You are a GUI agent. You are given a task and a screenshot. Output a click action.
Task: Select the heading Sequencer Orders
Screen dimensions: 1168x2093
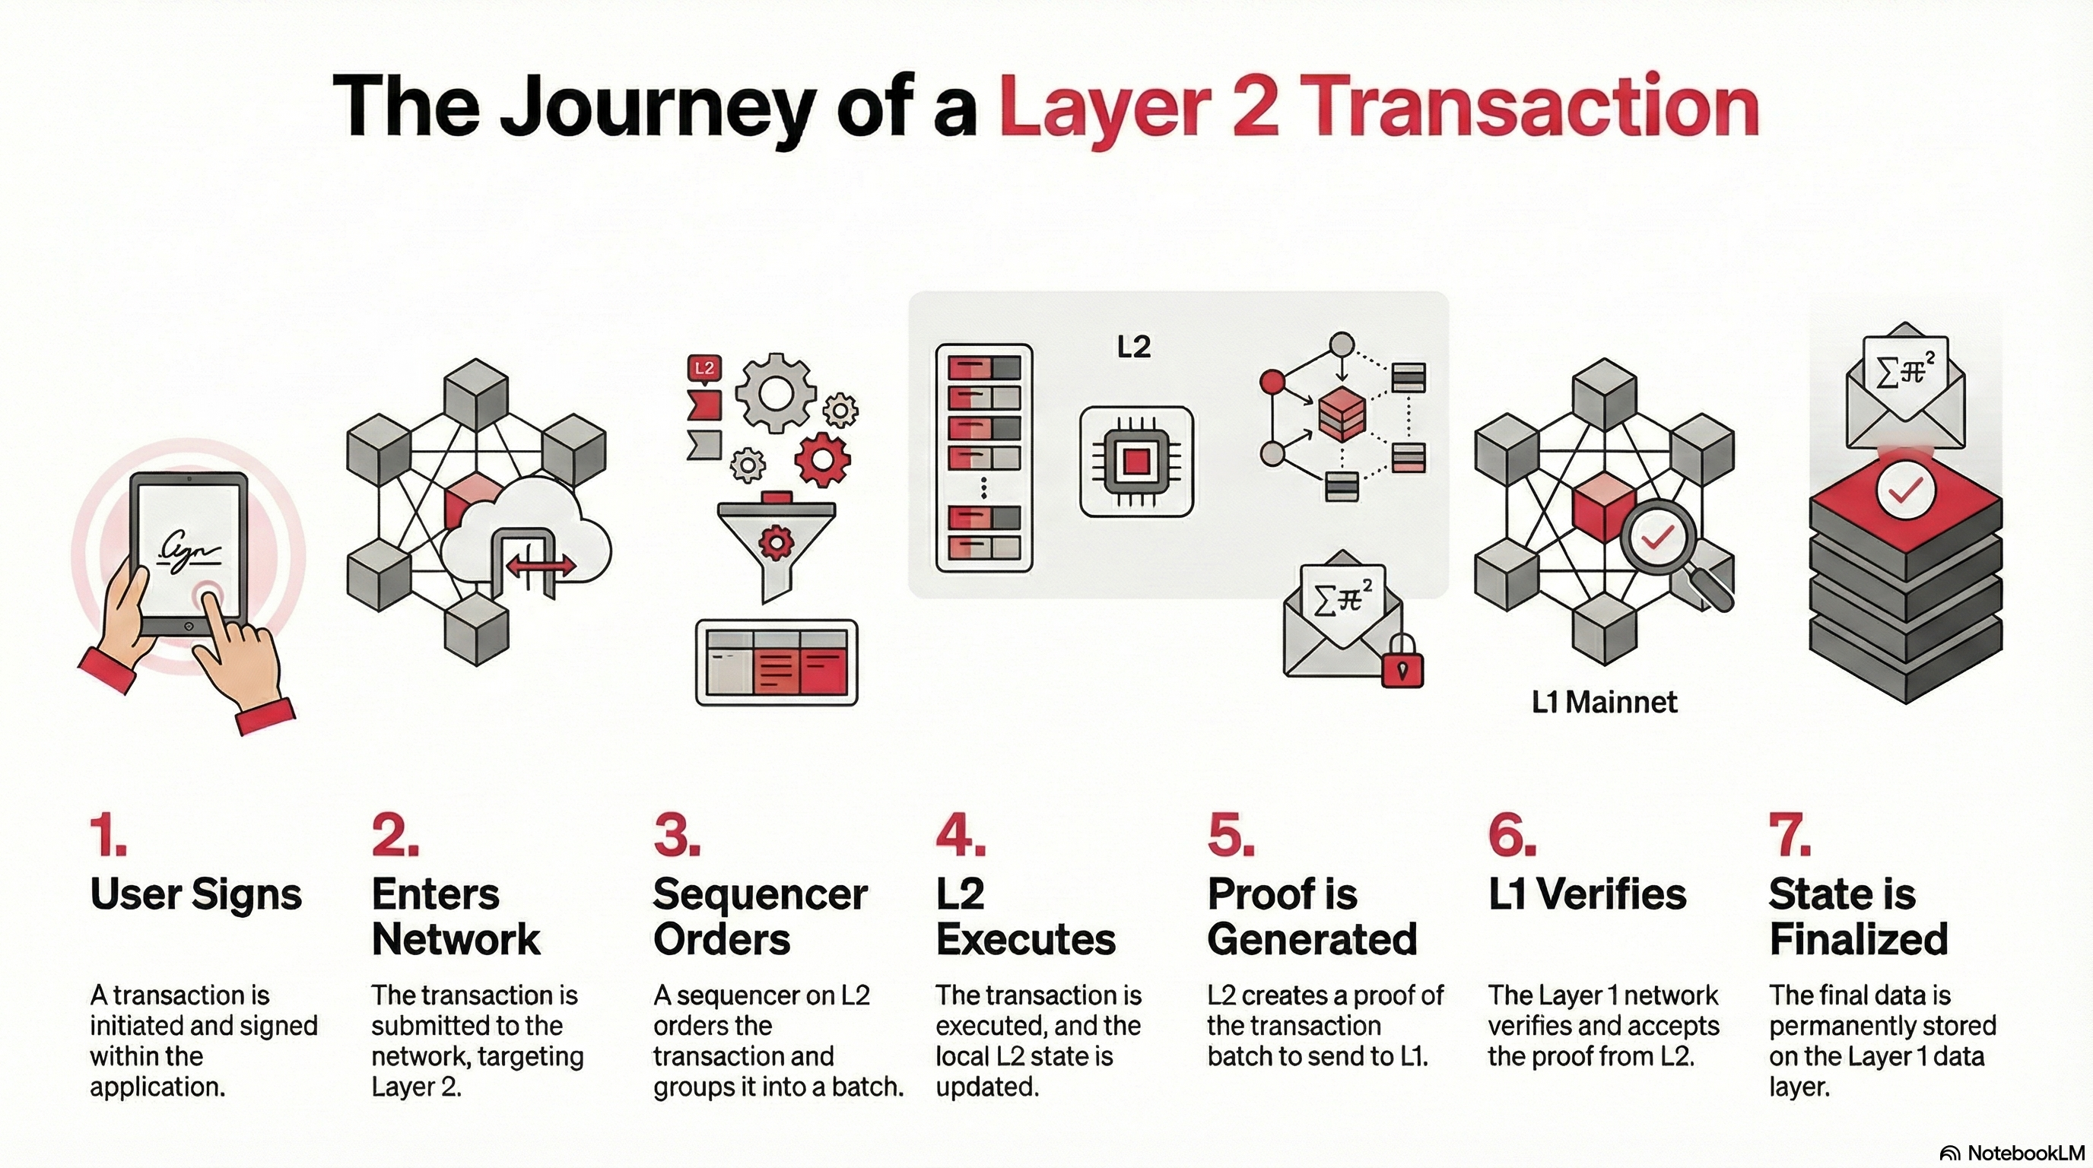tap(761, 916)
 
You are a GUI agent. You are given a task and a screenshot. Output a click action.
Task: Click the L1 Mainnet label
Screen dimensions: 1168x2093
tap(1604, 702)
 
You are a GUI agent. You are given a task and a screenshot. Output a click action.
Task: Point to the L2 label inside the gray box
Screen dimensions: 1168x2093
tap(1133, 348)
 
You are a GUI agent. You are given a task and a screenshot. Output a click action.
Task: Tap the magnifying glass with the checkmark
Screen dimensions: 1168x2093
tap(1659, 540)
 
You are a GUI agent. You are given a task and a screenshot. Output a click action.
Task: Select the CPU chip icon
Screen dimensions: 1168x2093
tap(1136, 462)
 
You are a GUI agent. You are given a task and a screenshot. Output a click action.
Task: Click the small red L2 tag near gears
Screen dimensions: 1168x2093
tap(703, 368)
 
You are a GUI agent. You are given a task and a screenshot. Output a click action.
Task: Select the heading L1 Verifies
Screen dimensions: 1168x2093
tap(1586, 894)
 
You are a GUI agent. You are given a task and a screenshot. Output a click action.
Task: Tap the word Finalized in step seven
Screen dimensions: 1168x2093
tap(1858, 940)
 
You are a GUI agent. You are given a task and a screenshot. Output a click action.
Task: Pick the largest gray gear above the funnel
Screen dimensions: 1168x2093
tap(775, 392)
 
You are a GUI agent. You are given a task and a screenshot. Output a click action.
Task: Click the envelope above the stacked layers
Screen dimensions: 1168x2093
tap(1904, 390)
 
